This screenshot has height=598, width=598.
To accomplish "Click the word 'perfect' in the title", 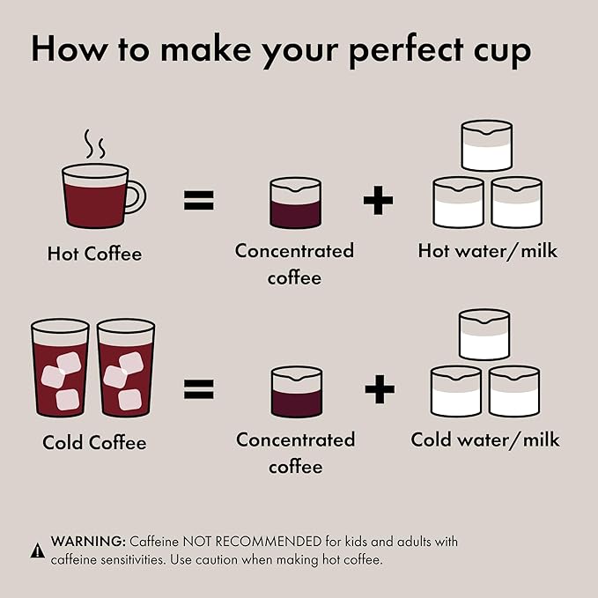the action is (x=407, y=50).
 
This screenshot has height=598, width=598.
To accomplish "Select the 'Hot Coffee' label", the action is (x=94, y=254).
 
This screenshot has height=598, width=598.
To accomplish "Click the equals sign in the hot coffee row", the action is (x=199, y=200).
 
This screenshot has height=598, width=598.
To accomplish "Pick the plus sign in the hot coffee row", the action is (x=378, y=200).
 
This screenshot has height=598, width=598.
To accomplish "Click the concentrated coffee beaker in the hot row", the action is (x=295, y=203).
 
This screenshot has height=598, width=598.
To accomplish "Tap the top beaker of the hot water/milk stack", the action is (x=487, y=145).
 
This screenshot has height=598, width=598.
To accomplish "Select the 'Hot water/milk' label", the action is (x=487, y=251).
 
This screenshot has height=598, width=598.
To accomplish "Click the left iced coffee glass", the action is (x=60, y=368).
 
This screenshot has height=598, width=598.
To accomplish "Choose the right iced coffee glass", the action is (x=126, y=368).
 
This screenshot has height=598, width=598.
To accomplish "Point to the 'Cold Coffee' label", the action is (x=94, y=442).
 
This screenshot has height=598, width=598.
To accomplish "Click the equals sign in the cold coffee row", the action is (x=199, y=389).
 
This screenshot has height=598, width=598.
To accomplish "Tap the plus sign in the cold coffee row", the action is (x=380, y=389).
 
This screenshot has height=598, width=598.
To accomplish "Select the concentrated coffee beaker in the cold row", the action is (x=297, y=392).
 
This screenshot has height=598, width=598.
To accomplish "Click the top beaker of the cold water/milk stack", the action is (x=484, y=335).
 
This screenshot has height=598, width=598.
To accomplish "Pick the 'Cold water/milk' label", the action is (x=485, y=439).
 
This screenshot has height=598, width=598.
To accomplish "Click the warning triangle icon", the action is (x=37, y=550).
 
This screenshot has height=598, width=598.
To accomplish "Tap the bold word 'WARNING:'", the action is (x=88, y=541).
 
